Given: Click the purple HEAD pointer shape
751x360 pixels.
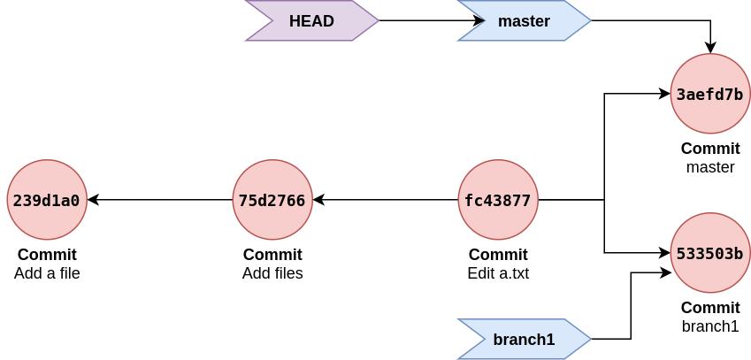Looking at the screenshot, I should (x=311, y=20).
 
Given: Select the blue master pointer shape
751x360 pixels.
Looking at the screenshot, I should (x=524, y=20).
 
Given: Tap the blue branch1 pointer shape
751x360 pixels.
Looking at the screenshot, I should (x=524, y=339).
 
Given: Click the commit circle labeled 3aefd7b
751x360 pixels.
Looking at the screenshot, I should (x=709, y=94).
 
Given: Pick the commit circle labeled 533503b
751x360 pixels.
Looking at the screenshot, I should (x=709, y=253).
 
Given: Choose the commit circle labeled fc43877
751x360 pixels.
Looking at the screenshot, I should (x=498, y=200).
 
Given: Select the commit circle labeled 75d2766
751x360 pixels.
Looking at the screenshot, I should (x=272, y=200).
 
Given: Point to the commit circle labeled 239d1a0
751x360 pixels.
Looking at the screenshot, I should (x=46, y=200).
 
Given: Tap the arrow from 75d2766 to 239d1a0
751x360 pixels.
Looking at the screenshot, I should (x=159, y=200).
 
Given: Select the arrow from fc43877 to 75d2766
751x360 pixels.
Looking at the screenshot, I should (x=385, y=200).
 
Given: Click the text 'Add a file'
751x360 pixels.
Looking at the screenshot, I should (x=47, y=273).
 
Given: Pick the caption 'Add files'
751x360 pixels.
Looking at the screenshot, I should (x=272, y=273).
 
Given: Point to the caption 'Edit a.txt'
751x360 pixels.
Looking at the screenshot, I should (x=498, y=273).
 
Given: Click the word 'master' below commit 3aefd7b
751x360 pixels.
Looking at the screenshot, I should (x=710, y=167).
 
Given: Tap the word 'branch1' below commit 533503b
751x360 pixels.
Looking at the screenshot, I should (x=710, y=326).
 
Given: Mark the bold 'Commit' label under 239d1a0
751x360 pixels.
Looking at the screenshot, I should (x=47, y=255).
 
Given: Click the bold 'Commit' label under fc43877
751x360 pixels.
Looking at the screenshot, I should (x=498, y=255).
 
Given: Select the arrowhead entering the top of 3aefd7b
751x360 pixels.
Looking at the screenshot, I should (x=710, y=48).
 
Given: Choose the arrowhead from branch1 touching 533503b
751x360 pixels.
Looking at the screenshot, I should (x=666, y=272).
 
